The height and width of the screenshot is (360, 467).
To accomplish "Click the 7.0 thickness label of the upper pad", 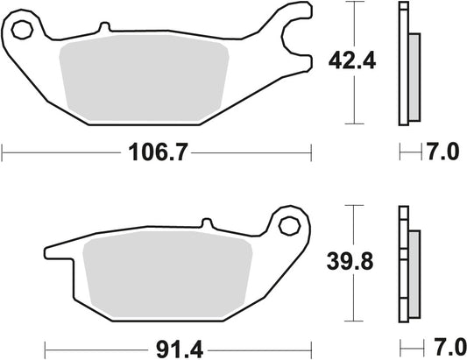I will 443,154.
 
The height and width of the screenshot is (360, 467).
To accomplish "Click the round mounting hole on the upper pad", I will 23,30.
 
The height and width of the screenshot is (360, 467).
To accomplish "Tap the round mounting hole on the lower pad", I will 287,225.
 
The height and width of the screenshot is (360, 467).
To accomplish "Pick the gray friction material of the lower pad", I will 166,276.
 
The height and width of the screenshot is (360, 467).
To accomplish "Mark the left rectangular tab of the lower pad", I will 56,255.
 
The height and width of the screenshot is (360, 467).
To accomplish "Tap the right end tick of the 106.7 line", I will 313,154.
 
